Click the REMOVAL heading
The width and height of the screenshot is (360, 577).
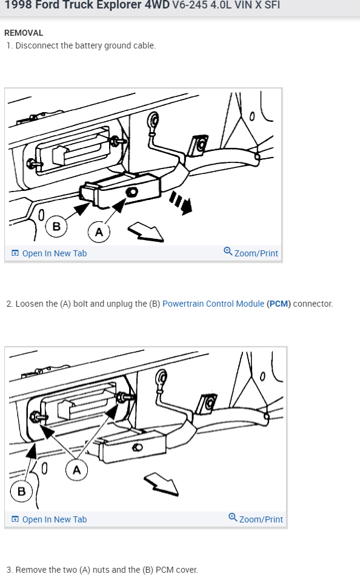(x=24, y=33)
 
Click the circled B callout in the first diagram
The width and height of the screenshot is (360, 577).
(x=56, y=226)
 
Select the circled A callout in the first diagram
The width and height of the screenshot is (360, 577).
(x=99, y=232)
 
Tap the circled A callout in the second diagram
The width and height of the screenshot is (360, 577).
(x=76, y=470)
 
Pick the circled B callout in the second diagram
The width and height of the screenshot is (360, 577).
(x=21, y=492)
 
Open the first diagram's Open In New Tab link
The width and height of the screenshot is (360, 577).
(x=49, y=253)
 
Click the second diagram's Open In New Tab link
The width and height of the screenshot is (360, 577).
(x=49, y=519)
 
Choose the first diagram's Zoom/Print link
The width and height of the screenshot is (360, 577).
(x=251, y=253)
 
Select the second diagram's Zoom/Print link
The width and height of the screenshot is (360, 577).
(x=256, y=519)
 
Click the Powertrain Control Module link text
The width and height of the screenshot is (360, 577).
(x=213, y=304)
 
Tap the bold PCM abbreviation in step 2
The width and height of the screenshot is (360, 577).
(x=279, y=304)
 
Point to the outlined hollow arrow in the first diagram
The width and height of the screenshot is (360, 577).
(x=146, y=232)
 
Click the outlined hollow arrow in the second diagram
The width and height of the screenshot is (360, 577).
(x=161, y=484)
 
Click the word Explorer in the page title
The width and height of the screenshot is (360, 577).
(x=119, y=5)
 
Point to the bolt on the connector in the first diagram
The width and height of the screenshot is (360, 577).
(x=132, y=192)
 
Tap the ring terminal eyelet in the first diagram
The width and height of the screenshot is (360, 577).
(x=153, y=120)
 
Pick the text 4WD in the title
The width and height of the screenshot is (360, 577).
(x=157, y=5)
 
